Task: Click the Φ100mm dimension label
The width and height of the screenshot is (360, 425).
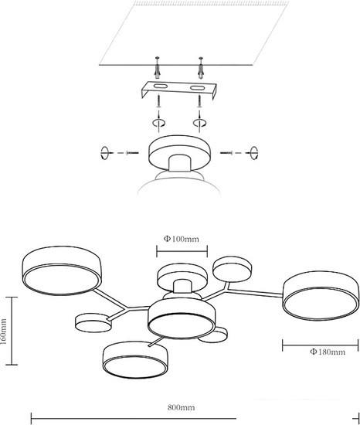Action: tap(182, 239)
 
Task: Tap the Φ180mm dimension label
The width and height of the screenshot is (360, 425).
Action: tap(328, 352)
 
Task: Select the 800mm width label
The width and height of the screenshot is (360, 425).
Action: tap(181, 407)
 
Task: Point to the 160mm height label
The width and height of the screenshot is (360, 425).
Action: tap(3, 331)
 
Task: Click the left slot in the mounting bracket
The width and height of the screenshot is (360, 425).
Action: tap(161, 87)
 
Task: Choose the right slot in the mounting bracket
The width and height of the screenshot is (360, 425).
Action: tap(197, 88)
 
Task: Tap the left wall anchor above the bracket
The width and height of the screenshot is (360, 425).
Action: tap(157, 68)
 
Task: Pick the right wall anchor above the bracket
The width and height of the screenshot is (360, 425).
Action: tap(201, 68)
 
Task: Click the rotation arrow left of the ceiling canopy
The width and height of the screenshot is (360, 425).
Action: tap(104, 153)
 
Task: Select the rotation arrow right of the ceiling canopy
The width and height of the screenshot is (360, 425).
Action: tap(254, 153)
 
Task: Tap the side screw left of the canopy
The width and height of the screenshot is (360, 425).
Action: tap(132, 153)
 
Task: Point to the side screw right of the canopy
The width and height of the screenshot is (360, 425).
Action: tap(226, 153)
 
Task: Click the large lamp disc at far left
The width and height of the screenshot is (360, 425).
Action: tap(62, 270)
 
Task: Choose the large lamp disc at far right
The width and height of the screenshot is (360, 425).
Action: tap(321, 296)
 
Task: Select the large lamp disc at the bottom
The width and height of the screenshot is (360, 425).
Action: tap(135, 359)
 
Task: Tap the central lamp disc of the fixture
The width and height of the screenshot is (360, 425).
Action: tap(182, 318)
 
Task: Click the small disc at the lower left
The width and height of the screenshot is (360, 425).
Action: tap(93, 323)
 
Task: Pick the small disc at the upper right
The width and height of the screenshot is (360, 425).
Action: tap(232, 269)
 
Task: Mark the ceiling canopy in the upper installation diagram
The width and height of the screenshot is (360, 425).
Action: tap(179, 153)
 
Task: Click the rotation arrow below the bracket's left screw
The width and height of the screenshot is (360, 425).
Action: tap(158, 123)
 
